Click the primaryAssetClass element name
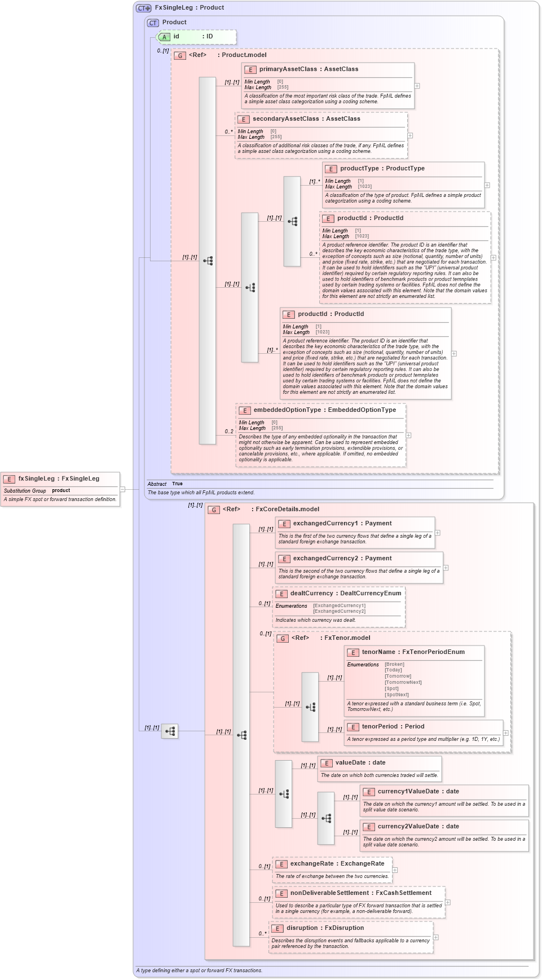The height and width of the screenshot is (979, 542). [288, 69]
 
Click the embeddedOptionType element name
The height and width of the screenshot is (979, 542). [287, 410]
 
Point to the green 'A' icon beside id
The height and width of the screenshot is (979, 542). [164, 37]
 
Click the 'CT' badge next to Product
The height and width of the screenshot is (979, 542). [153, 23]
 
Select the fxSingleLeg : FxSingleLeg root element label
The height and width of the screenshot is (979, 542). [59, 478]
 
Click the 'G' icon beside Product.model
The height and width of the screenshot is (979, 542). [180, 55]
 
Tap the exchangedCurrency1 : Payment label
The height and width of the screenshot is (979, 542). [342, 523]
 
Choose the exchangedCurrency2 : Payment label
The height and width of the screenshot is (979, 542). [342, 558]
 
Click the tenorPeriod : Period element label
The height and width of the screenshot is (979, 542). [393, 726]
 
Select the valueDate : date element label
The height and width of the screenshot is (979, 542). [360, 762]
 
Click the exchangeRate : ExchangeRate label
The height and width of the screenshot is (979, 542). [337, 863]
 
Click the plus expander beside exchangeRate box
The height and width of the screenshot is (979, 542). [395, 870]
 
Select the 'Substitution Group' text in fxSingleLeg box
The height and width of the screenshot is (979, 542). [25, 491]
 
